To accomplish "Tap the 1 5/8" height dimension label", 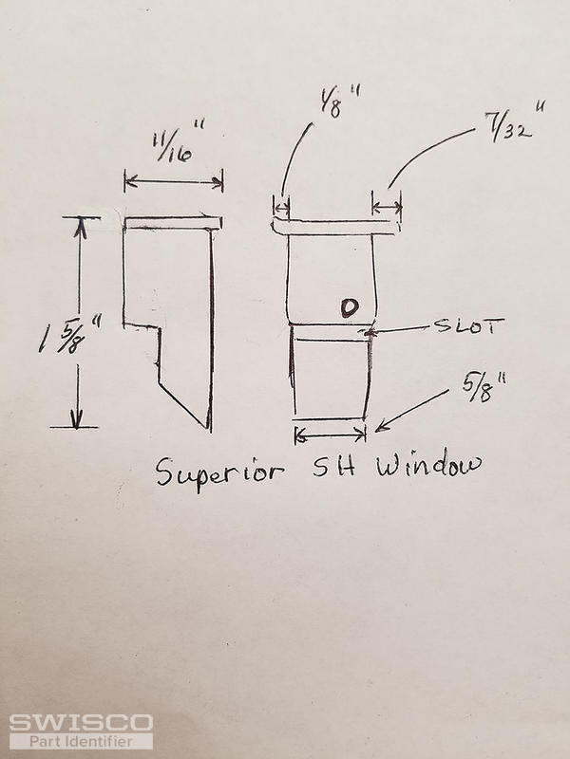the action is (x=70, y=335).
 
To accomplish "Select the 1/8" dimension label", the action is (x=339, y=102).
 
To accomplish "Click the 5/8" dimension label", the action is (x=484, y=387).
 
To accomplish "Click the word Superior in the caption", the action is (x=219, y=472).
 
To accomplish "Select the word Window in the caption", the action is (x=428, y=465).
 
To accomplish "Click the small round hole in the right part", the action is (x=350, y=307).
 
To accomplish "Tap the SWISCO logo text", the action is (x=81, y=723).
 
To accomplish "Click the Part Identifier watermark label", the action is (x=81, y=741).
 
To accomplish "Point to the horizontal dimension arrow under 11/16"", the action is (x=174, y=182).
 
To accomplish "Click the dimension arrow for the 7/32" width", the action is (x=387, y=207).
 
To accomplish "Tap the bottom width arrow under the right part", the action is (x=330, y=435).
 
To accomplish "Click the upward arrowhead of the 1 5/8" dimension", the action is (x=81, y=228).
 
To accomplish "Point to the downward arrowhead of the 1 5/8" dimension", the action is (x=77, y=419).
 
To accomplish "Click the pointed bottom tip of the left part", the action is (x=209, y=429).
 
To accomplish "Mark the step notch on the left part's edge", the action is (x=159, y=327).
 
